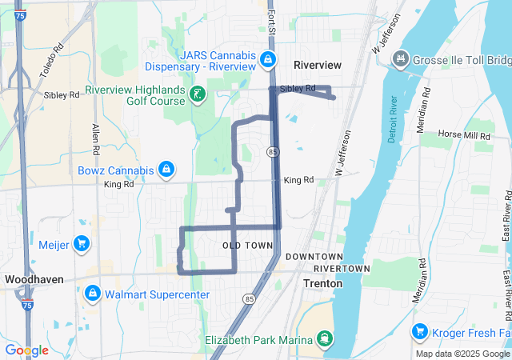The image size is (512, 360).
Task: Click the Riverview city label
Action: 318,65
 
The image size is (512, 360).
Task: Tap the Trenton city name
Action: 323,283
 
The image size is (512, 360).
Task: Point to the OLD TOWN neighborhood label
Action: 242,244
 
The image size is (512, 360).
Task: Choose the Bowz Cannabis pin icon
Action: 166,170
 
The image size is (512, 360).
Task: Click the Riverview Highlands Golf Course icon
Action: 198,96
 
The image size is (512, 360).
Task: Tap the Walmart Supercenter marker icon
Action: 94,294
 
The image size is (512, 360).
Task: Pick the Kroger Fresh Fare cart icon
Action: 420,331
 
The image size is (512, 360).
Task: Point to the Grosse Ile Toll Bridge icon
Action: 400,60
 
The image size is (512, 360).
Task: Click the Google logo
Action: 26,350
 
